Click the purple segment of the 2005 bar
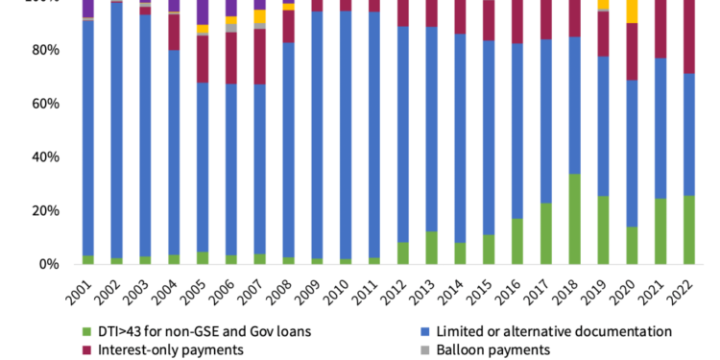coord(202,12)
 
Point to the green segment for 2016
coord(516,241)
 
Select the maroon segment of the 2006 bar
coord(230,58)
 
